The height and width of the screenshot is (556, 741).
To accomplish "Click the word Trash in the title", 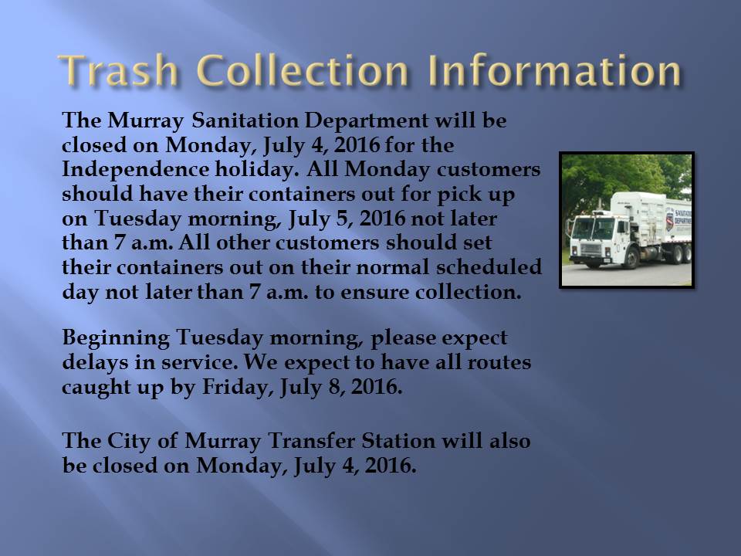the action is pos(118,70).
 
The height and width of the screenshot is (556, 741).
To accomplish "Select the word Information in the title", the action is pos(555,70).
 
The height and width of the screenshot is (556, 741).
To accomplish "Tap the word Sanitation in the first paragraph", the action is pos(245,120).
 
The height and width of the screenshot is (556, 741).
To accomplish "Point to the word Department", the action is pos(366,121).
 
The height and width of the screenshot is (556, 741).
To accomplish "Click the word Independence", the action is pos(135,170).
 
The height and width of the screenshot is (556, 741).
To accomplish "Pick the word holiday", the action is pos(256,170).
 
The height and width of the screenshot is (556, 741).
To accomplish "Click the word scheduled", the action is pos(489,267).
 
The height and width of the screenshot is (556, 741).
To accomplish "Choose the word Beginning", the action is pos(116,338).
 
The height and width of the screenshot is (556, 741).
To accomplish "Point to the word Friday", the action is pos(238,388).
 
